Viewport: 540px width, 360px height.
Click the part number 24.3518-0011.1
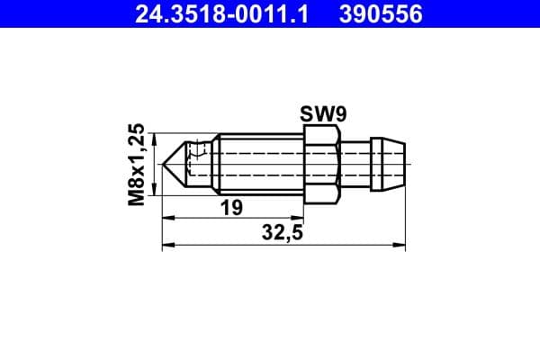coord(221,14)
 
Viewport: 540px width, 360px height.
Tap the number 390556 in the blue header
coord(381,14)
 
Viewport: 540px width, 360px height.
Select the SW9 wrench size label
coord(323,114)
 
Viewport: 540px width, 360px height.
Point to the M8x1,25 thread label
coord(137,165)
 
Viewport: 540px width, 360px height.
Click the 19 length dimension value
coord(231,208)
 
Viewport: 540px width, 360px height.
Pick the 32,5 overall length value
coord(283,232)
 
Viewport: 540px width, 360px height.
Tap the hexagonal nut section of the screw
coord(322,165)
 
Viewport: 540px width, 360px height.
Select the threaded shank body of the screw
coord(261,165)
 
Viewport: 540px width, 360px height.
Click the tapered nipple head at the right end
coord(388,165)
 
